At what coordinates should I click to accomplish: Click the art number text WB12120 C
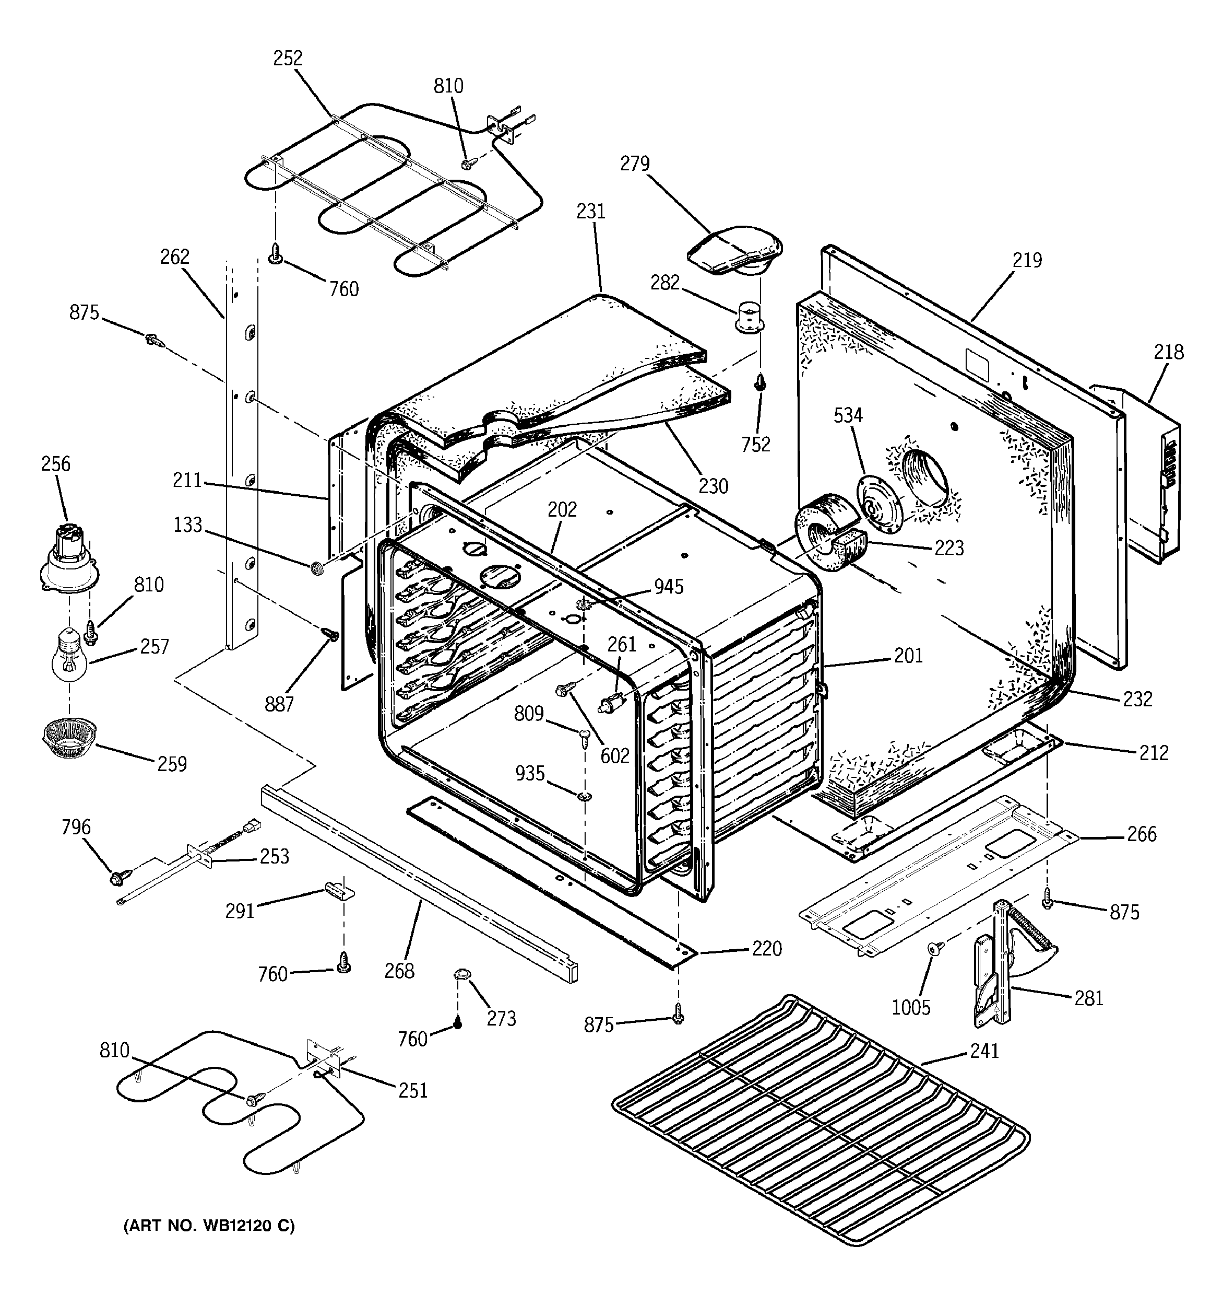click(x=209, y=1226)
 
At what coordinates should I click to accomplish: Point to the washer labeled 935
click(x=585, y=796)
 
